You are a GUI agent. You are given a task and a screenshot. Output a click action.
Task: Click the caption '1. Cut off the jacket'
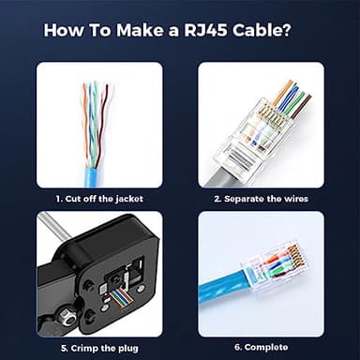tap(98, 199)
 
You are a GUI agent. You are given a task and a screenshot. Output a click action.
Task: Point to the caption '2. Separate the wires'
tap(261, 199)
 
